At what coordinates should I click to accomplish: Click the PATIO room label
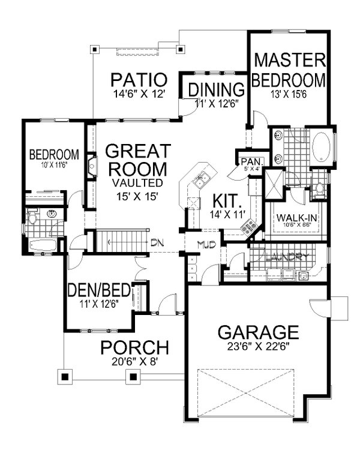pyautogui.click(x=138, y=80)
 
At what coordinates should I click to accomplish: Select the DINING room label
pyautogui.click(x=217, y=89)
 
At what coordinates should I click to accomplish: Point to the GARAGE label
pyautogui.click(x=258, y=332)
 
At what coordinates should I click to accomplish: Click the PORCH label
pyautogui.click(x=134, y=347)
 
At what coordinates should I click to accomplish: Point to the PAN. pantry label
pyautogui.click(x=248, y=161)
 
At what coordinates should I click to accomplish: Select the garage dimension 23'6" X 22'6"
pyautogui.click(x=258, y=347)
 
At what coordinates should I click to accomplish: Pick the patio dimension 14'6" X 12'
pyautogui.click(x=138, y=93)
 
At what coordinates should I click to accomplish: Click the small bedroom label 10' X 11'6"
pyautogui.click(x=55, y=164)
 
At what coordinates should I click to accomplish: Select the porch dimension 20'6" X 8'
pyautogui.click(x=134, y=362)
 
